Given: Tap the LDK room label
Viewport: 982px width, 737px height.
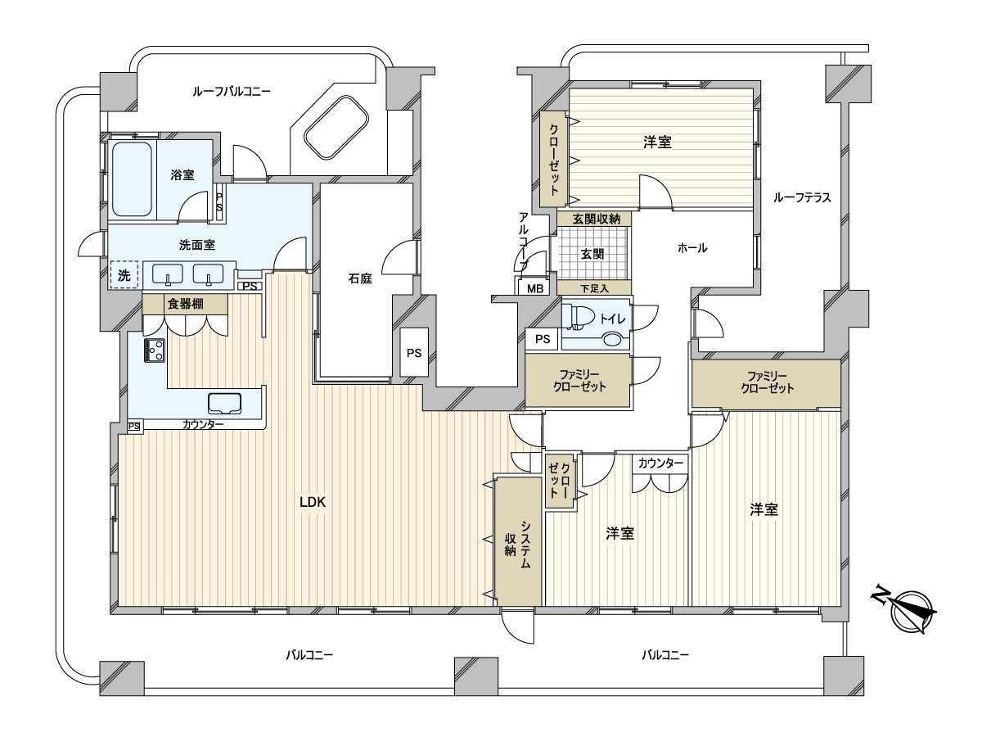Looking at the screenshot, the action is [313, 502].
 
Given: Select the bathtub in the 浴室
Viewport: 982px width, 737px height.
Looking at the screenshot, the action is [132, 179].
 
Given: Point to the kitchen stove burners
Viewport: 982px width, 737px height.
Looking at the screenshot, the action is [155, 350].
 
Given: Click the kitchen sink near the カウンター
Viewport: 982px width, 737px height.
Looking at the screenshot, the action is [224, 403].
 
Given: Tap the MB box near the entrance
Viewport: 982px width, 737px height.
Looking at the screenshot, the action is [535, 288].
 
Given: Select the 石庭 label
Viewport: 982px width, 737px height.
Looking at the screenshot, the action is [360, 278].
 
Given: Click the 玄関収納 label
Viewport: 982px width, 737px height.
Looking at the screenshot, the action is [596, 219].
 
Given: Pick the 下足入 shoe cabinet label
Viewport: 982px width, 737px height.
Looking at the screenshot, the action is [595, 288].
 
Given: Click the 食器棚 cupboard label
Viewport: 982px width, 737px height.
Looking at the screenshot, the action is [185, 304].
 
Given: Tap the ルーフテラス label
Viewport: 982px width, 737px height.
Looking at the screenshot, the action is [802, 197].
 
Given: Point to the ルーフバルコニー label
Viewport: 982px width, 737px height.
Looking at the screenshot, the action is [232, 92].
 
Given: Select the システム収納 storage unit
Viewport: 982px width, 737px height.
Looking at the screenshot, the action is [518, 541].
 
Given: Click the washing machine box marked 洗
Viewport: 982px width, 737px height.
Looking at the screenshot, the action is [124, 275].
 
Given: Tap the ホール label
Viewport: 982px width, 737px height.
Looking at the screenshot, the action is [692, 247].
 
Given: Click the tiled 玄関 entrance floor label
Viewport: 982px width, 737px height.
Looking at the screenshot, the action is [592, 254].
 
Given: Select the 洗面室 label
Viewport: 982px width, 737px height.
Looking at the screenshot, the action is [197, 245].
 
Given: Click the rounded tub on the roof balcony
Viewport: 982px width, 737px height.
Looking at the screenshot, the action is [336, 127].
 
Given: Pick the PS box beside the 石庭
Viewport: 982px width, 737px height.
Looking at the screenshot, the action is [414, 353].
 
